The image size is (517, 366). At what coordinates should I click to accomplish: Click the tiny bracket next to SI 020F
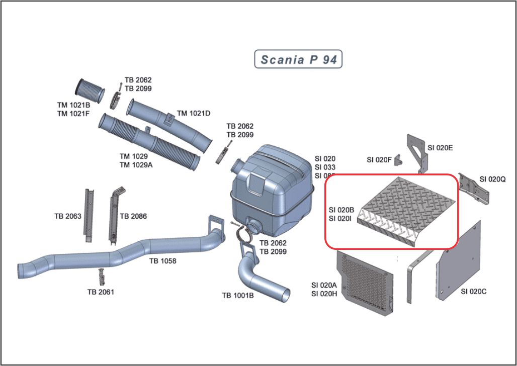click(398, 160)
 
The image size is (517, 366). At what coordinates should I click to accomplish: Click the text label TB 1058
click(162, 261)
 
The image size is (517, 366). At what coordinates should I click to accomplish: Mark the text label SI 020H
click(324, 294)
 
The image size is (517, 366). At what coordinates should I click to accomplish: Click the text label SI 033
click(325, 167)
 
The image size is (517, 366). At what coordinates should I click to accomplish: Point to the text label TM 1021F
click(73, 114)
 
